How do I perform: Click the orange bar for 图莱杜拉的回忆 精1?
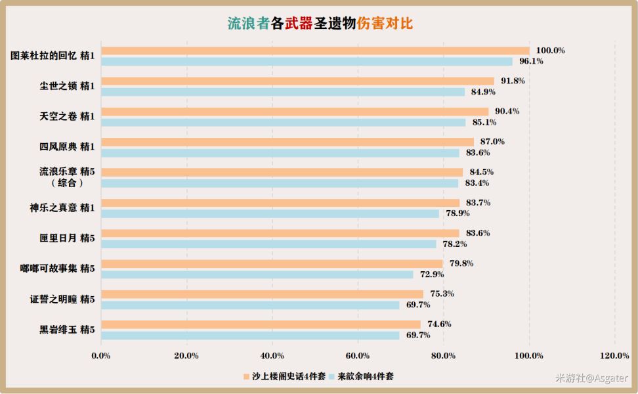coord(315,51)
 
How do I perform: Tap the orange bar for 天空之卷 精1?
coord(295,112)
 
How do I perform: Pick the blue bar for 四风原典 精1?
coord(280,152)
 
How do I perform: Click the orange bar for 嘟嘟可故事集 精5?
coord(272,264)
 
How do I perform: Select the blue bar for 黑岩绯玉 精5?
coord(250,336)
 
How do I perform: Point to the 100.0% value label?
coord(550,51)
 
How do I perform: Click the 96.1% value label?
coord(532,61)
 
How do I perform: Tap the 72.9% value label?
coord(433,274)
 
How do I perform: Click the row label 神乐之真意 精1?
coord(62,208)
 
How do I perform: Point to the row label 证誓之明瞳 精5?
coord(62,299)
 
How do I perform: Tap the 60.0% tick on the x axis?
coord(358,356)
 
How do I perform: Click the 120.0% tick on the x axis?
coord(614,356)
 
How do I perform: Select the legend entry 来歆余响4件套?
coord(364,376)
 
